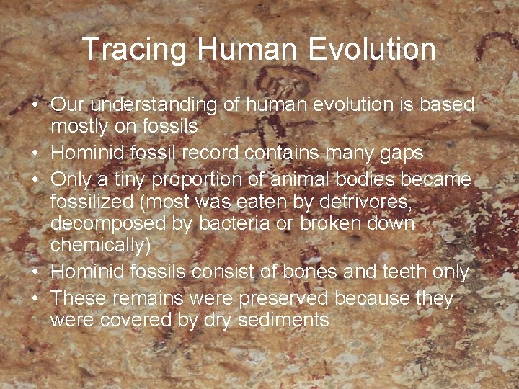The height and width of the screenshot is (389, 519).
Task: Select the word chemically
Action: (x=100, y=246)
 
